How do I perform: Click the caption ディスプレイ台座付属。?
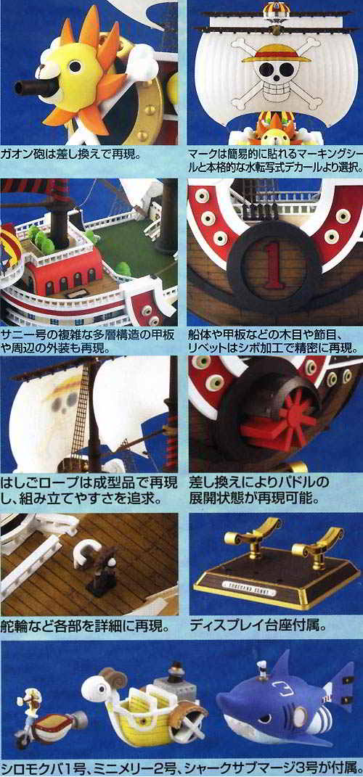tap(258, 625)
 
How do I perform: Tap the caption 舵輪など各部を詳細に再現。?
tap(85, 625)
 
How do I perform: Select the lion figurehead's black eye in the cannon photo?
tap(77, 67)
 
